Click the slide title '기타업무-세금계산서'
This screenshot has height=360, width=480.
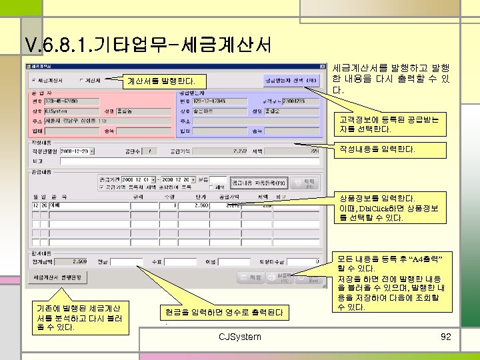[147, 45]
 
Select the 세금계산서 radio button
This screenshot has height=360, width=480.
[35, 81]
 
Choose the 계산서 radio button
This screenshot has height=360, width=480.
[81, 81]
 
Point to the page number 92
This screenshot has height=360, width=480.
[446, 337]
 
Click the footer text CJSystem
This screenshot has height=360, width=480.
[240, 337]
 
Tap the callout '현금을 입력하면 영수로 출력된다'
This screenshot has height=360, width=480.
[223, 312]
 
